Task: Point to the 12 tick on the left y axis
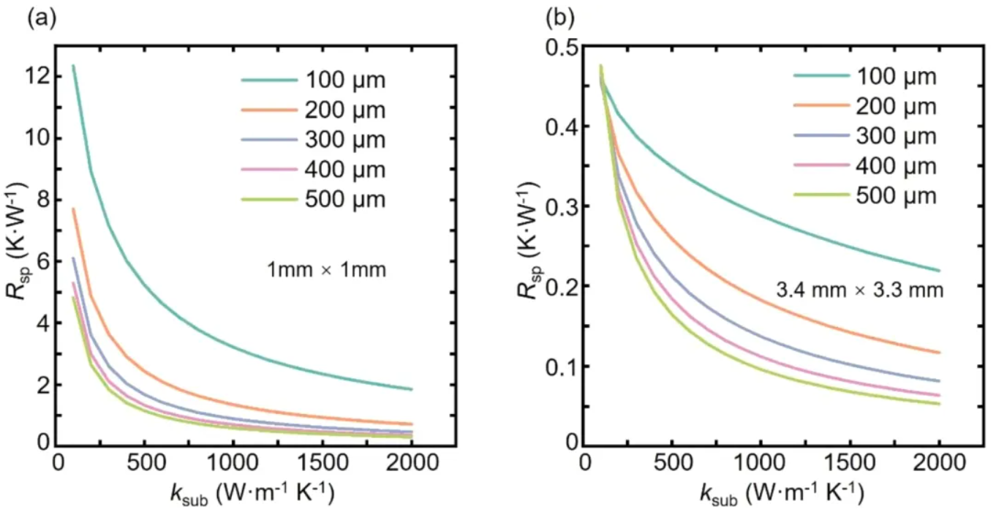click(37, 76)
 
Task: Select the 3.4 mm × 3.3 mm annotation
click(860, 290)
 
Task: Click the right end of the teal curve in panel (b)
click(939, 271)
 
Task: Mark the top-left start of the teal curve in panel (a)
click(73, 66)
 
